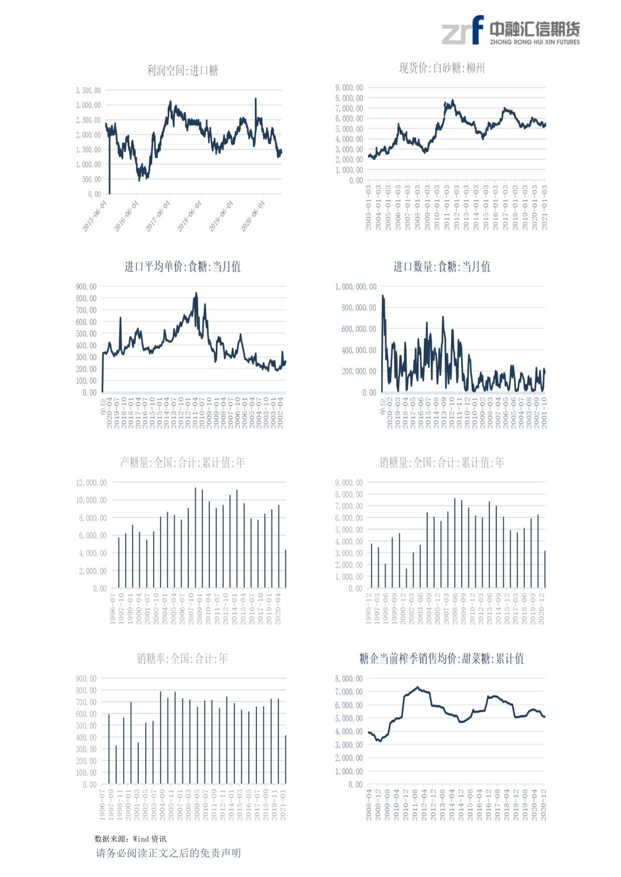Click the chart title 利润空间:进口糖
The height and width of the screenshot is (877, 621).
coord(182,71)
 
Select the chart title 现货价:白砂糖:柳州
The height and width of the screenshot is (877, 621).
coord(442,68)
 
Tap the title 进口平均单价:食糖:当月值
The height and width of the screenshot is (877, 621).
coord(182,267)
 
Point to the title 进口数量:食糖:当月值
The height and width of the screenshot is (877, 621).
coord(442,267)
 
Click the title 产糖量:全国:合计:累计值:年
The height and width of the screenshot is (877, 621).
coord(182,463)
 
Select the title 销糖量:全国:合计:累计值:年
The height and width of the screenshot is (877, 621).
coord(442,463)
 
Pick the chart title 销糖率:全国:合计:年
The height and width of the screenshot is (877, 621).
coord(182,659)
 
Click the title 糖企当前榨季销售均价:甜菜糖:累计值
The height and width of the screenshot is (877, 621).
coord(442,659)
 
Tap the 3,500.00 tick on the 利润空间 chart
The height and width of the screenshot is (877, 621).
coord(88,91)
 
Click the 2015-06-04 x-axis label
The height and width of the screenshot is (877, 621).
coord(95,216)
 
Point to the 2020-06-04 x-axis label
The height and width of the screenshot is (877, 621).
coord(253,216)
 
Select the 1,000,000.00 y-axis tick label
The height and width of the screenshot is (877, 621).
coord(356,287)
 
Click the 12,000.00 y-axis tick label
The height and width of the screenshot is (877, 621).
coord(91,483)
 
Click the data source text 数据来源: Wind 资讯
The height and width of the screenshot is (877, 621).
coord(130,839)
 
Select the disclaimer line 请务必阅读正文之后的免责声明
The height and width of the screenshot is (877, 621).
coord(168,853)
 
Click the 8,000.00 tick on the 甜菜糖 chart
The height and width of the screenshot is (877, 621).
coord(349,679)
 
